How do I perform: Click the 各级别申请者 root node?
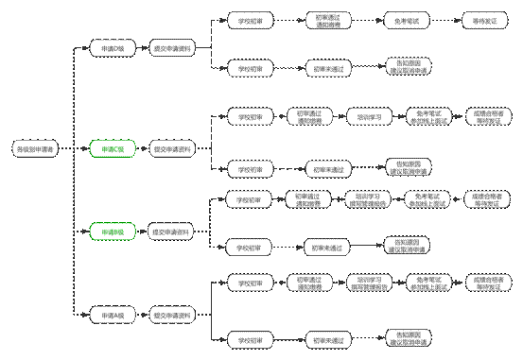pos(33,148)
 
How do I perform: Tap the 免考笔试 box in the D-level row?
pos(401,19)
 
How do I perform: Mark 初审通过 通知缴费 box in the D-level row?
pos(326,19)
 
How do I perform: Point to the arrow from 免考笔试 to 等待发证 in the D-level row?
pos(440,19)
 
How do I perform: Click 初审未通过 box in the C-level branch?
pos(326,168)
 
